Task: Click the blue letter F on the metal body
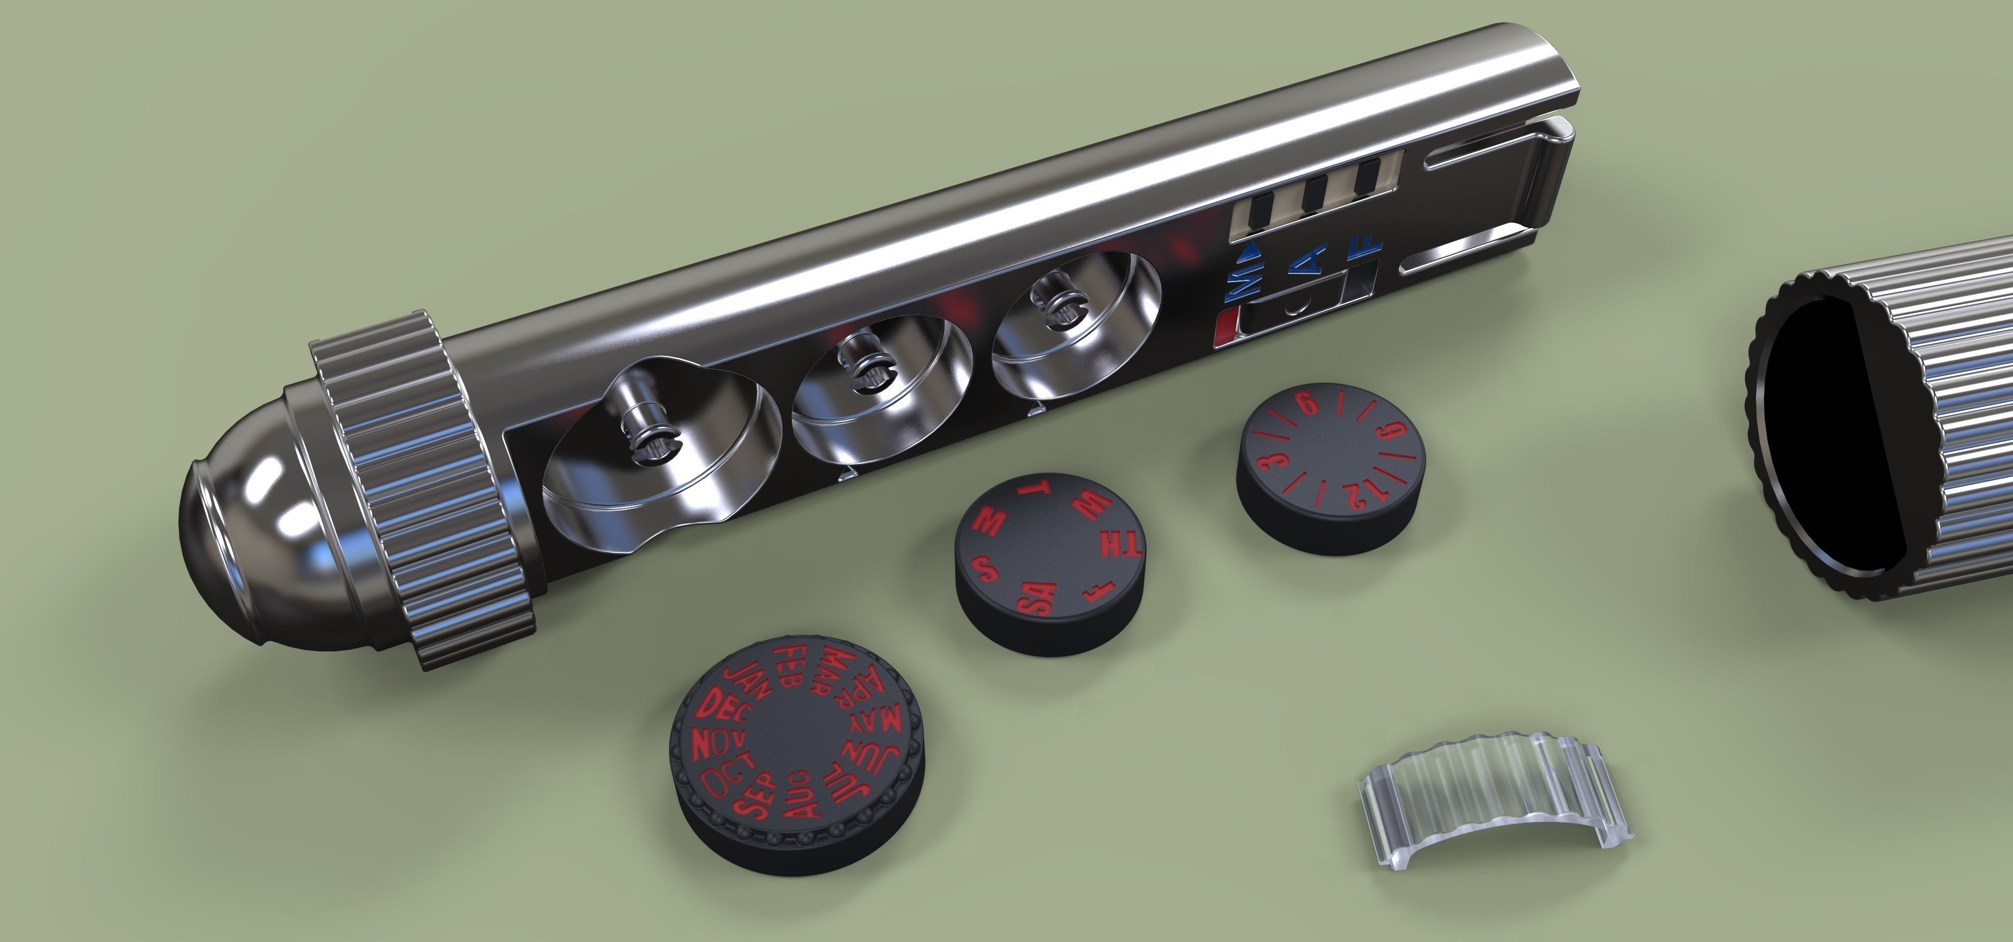click(1365, 249)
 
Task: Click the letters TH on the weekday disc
click(1121, 546)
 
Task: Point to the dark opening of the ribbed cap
click(1829, 438)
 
